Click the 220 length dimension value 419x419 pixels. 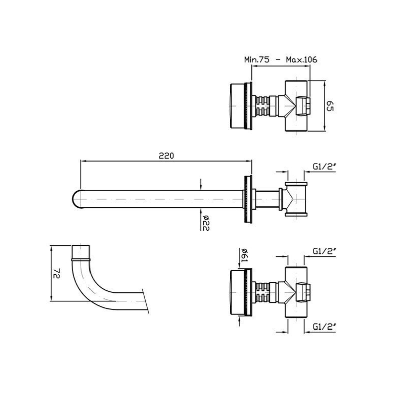(x=166, y=156)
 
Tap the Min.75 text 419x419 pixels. (x=257, y=59)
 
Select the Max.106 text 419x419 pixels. (x=301, y=59)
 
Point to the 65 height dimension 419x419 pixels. (x=330, y=106)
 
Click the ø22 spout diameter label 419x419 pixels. (x=206, y=223)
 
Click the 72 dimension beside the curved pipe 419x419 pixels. (x=57, y=273)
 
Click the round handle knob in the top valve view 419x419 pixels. (x=237, y=106)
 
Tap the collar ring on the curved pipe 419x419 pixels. (x=81, y=260)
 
